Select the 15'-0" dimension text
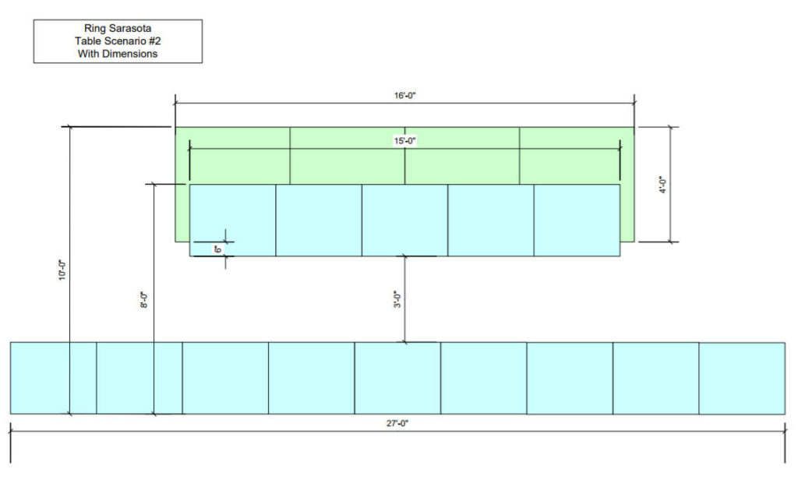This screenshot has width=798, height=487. (404, 141)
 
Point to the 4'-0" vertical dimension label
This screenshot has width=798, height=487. (662, 185)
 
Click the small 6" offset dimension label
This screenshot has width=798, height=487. (218, 249)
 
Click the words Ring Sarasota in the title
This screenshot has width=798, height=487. (118, 28)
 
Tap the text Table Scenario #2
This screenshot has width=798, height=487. (118, 41)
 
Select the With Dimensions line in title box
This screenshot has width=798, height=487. (118, 54)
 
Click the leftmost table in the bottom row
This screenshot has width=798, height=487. (53, 378)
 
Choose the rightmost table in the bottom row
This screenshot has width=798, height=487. (741, 378)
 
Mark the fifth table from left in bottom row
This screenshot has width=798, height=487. (397, 378)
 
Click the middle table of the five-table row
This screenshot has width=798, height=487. (404, 220)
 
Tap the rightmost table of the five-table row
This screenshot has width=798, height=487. (577, 220)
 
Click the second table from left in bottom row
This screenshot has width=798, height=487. (139, 378)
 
